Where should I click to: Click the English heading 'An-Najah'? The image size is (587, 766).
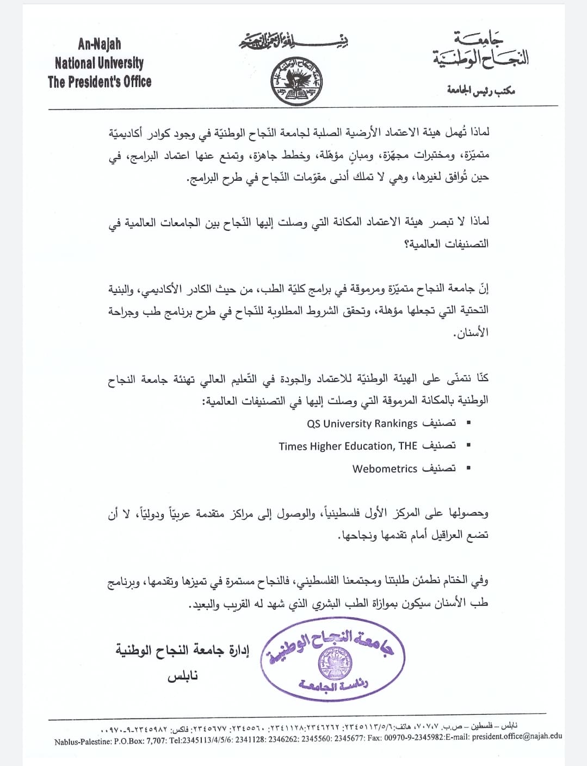100,44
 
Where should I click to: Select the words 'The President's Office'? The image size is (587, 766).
100,82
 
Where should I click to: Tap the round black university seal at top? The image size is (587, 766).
296,82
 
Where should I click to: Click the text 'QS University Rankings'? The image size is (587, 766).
362,424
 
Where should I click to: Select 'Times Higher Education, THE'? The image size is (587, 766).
348,446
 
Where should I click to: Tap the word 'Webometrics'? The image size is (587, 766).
385,469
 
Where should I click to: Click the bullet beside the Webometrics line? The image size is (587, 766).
468,468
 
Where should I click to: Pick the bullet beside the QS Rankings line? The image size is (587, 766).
468,423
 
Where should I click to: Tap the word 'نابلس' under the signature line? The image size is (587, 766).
183,677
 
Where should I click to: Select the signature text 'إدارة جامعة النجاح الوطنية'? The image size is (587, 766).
182,650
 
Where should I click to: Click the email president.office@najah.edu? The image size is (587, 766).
517,737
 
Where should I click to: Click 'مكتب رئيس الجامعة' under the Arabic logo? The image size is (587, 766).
481,90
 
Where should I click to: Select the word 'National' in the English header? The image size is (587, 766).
76,63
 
